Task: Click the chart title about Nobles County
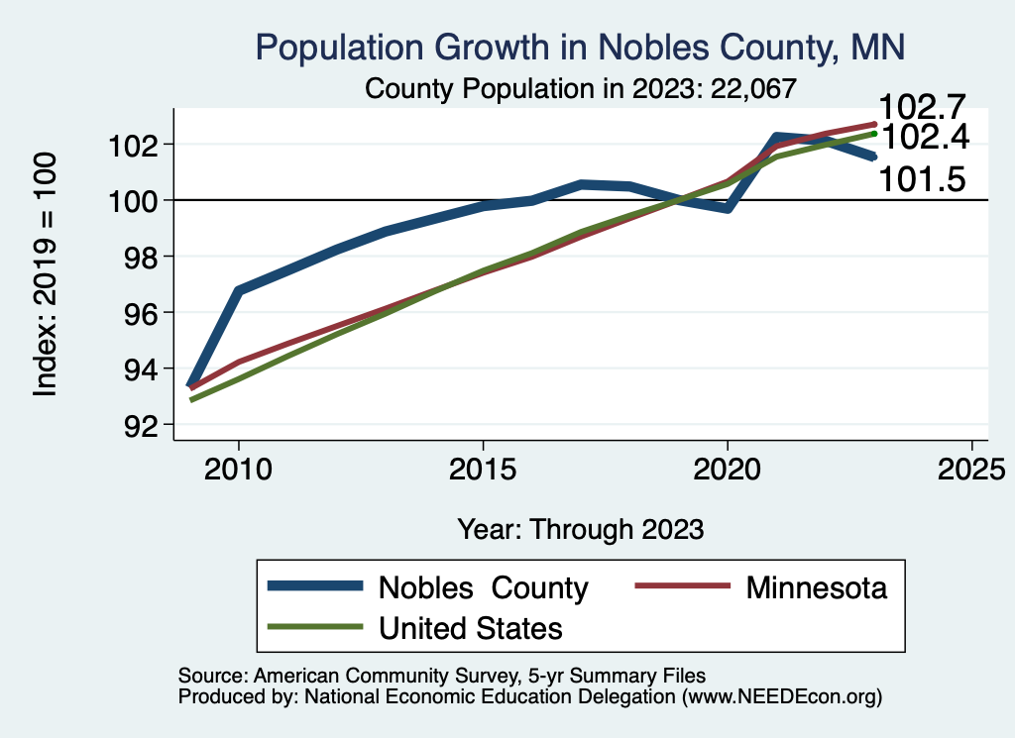580,47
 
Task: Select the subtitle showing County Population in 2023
580,88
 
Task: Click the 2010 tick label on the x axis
238,468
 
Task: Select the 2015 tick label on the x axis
483,468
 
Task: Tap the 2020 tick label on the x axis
727,468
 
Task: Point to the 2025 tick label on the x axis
971,468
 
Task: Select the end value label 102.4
923,137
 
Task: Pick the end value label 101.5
923,180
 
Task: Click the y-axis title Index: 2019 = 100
46,274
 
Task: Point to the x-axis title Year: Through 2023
580,529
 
